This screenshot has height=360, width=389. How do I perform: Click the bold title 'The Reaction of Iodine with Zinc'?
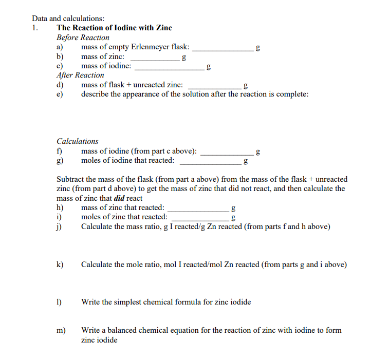[x=114, y=28]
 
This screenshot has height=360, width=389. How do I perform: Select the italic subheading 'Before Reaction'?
[x=83, y=37]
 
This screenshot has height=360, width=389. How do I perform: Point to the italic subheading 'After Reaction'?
[x=80, y=75]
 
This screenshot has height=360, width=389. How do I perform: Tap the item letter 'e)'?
[x=60, y=94]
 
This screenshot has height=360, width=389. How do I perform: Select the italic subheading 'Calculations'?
[x=77, y=141]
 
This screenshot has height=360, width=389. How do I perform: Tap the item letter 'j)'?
[x=60, y=226]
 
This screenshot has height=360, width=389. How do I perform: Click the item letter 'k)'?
[x=60, y=265]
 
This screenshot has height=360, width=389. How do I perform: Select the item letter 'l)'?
[x=60, y=302]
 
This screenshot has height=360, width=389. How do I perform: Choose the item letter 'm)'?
[x=61, y=330]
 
